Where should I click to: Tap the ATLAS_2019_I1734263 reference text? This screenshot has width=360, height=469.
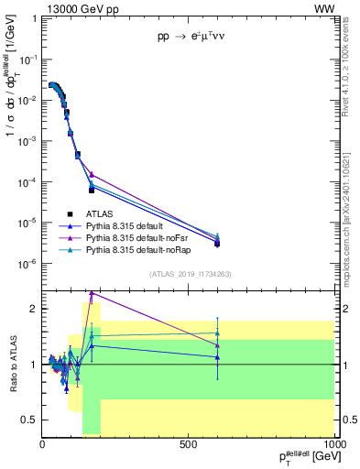click(189, 274)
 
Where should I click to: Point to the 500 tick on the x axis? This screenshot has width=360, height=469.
click(189, 446)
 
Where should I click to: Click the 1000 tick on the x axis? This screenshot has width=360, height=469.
click(333, 446)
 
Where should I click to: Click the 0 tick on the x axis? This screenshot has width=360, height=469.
click(43, 446)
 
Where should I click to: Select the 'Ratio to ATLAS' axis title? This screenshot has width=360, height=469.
click(12, 365)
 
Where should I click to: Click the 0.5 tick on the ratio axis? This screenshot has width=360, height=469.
click(30, 420)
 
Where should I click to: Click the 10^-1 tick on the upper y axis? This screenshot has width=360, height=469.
click(28, 60)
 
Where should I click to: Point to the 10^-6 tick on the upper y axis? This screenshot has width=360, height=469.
click(28, 264)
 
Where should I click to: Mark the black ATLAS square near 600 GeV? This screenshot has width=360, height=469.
click(217, 244)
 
